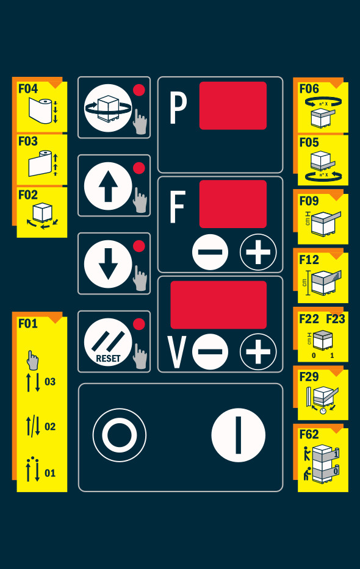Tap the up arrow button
(108, 186)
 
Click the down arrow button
(108, 264)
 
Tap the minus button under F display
(210, 252)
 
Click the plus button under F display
(258, 252)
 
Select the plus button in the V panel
(258, 352)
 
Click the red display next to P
(233, 106)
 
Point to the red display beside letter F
(233, 204)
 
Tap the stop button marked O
(120, 435)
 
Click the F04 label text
(28, 88)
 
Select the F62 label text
(309, 434)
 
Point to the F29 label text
(309, 377)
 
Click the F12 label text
(309, 260)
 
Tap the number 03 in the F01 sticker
(50, 382)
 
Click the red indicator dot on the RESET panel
(139, 324)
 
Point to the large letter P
(178, 108)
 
